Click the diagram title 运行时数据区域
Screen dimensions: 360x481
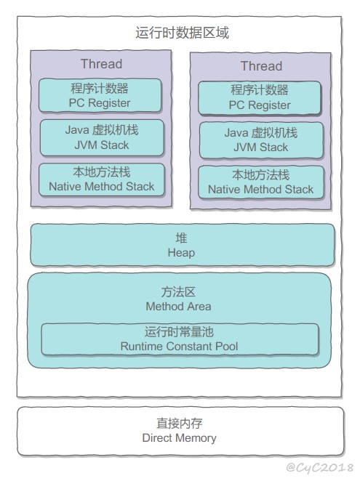click(182, 33)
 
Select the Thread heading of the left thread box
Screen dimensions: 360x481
click(101, 64)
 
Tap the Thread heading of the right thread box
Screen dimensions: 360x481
click(261, 66)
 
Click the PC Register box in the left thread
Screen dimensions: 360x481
click(100, 95)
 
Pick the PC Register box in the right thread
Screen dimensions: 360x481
click(260, 98)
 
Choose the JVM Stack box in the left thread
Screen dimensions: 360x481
click(102, 138)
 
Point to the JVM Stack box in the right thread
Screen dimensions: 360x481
click(261, 140)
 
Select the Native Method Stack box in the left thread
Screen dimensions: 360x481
click(102, 179)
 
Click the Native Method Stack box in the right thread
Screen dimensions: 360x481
click(261, 182)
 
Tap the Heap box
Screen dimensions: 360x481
click(183, 245)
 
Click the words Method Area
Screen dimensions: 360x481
click(178, 306)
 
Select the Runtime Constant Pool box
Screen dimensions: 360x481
click(180, 339)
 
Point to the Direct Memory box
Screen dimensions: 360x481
click(180, 431)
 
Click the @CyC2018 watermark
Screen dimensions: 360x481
click(319, 467)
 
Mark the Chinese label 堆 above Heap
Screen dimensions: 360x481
click(181, 238)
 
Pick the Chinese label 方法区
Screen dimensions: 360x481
click(178, 292)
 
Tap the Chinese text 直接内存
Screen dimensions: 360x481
click(180, 424)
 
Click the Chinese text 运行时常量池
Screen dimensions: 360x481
click(179, 332)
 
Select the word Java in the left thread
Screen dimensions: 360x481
click(77, 130)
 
